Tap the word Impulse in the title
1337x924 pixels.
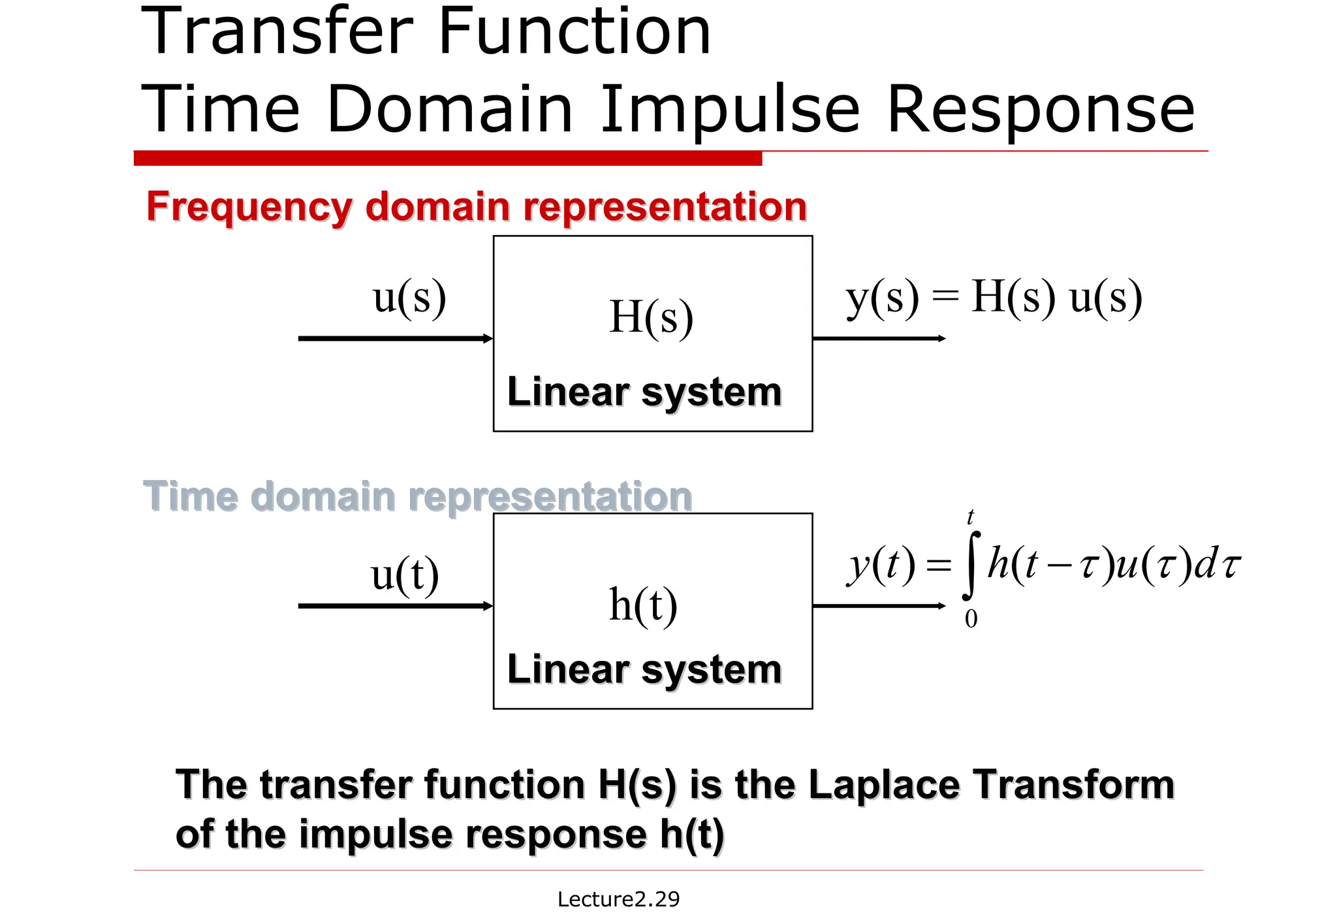[x=730, y=110]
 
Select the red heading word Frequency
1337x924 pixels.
[x=249, y=207]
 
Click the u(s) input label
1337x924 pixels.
[x=409, y=297]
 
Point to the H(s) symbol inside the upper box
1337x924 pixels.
[x=651, y=317]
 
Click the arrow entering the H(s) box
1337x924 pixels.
[x=395, y=338]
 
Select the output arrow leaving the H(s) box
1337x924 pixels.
[x=879, y=338]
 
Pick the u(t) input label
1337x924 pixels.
[x=405, y=575]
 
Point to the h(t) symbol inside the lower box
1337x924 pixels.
[x=643, y=604]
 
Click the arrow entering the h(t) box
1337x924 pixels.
[x=395, y=606]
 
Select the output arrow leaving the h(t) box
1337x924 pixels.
[x=879, y=606]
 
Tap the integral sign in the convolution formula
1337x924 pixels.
[x=971, y=566]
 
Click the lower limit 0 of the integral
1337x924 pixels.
[x=971, y=618]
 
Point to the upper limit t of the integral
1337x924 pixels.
[x=971, y=517]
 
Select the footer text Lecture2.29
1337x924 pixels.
[x=618, y=899]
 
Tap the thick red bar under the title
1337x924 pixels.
[x=448, y=158]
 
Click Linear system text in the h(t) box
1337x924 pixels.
[x=644, y=669]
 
